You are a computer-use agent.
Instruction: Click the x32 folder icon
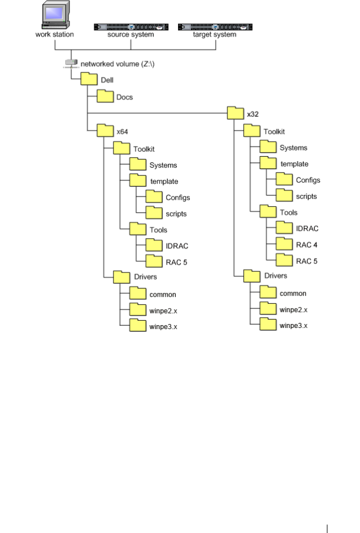pyautogui.click(x=236, y=113)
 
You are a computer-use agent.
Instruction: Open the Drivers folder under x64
pyautogui.click(x=122, y=276)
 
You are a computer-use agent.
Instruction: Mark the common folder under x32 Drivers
pyautogui.click(x=268, y=292)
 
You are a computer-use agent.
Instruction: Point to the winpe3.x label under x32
pyautogui.click(x=294, y=325)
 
